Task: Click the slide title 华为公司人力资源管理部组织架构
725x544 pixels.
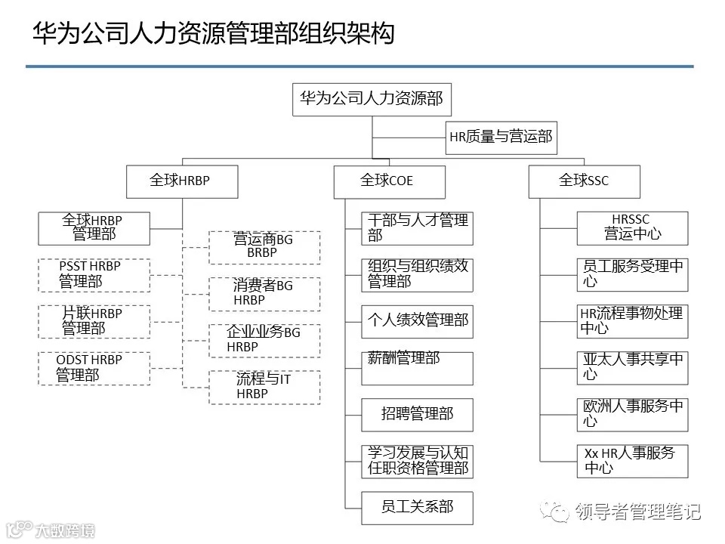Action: pyautogui.click(x=213, y=34)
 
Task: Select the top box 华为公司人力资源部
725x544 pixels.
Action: pyautogui.click(x=372, y=99)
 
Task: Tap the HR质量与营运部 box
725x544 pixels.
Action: pyautogui.click(x=501, y=137)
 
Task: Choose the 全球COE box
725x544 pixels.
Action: pyautogui.click(x=389, y=181)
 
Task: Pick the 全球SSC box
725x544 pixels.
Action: pyautogui.click(x=584, y=181)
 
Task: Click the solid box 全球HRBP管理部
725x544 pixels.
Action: pyautogui.click(x=94, y=228)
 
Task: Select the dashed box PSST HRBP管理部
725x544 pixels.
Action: pyautogui.click(x=94, y=275)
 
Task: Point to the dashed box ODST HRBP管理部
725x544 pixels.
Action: pyautogui.click(x=94, y=368)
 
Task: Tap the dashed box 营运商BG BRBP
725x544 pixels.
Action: pyautogui.click(x=264, y=247)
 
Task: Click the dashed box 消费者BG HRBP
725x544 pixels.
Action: pyautogui.click(x=264, y=294)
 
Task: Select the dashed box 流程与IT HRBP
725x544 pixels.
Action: pyautogui.click(x=264, y=387)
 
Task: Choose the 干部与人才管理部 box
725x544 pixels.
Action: pyautogui.click(x=417, y=228)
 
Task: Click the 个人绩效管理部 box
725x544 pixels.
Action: pyautogui.click(x=417, y=321)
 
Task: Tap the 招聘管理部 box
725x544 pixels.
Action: pyautogui.click(x=417, y=415)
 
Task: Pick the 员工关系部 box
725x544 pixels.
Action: pyautogui.click(x=417, y=508)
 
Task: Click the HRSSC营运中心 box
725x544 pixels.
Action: pyautogui.click(x=632, y=228)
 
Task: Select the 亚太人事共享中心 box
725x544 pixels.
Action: pyautogui.click(x=632, y=368)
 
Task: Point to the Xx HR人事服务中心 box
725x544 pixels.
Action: pyautogui.click(x=632, y=461)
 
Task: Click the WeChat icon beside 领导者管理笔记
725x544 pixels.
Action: pyautogui.click(x=560, y=513)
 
